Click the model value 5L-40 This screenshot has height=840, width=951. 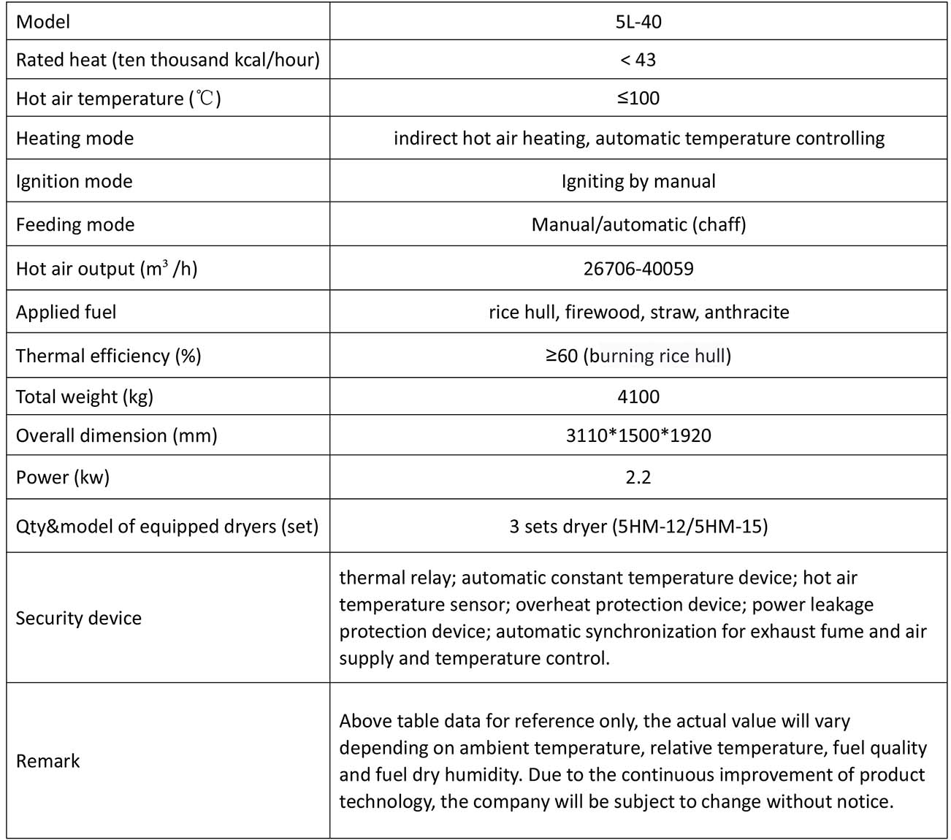coord(638,22)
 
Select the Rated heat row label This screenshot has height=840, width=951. coord(167,60)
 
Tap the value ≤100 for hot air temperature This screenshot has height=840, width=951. coord(638,98)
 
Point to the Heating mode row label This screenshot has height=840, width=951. coord(75,139)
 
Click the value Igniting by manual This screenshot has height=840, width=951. coord(638,181)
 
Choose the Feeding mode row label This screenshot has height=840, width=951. coord(75,224)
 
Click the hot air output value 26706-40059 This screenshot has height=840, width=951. coord(638,269)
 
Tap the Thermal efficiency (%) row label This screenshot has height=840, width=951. coord(108,356)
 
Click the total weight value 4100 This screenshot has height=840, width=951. coord(638,397)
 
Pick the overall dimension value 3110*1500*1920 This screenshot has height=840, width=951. coord(638,435)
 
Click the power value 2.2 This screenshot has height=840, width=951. coord(638,477)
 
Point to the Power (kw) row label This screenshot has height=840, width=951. coord(62,477)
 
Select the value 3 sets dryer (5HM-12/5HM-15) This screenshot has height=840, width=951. coord(638,526)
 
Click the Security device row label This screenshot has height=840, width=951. coord(78,618)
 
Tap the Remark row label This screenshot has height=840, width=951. coord(47,760)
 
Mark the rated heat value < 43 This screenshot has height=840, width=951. coord(638,60)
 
